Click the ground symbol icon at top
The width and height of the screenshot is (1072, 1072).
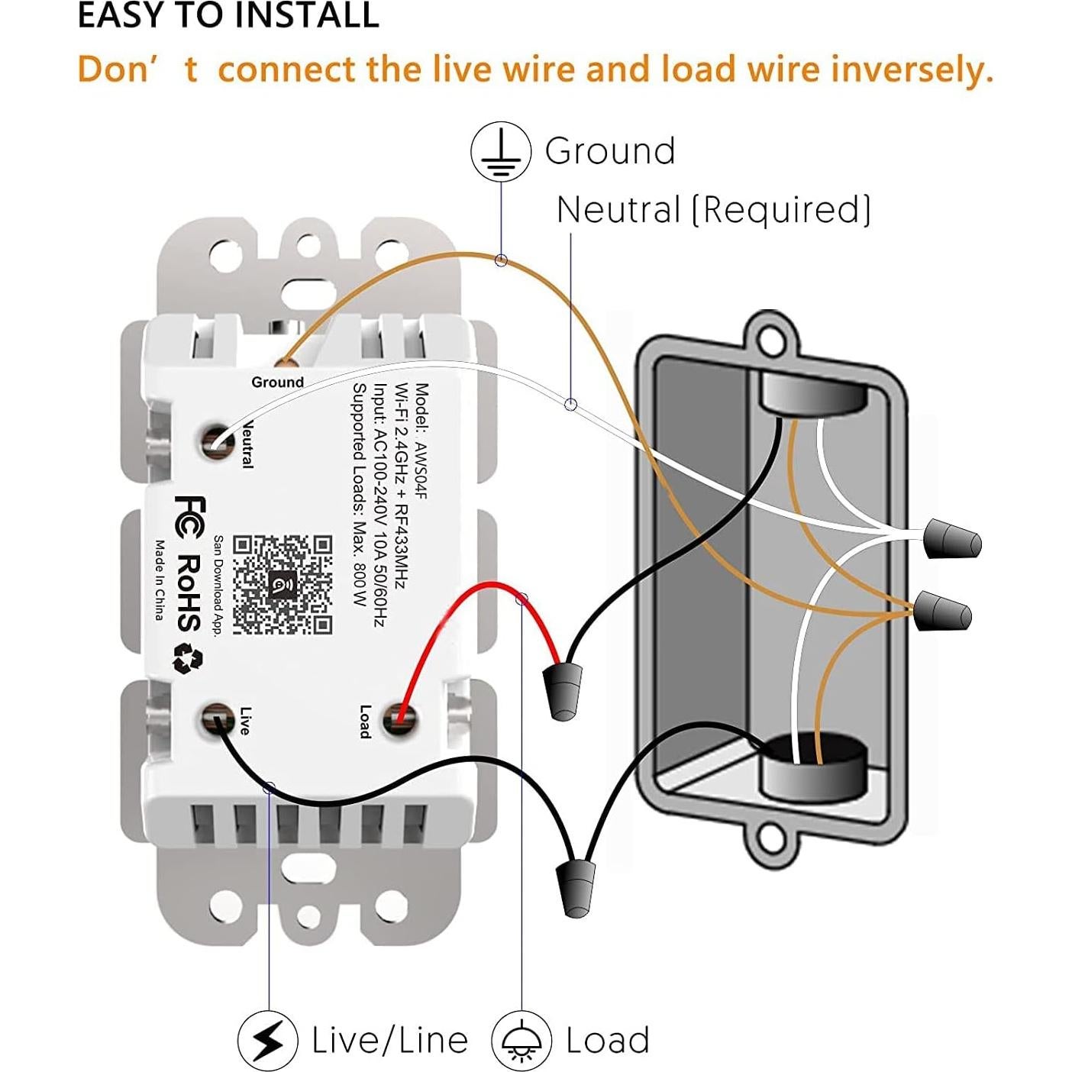tap(500, 151)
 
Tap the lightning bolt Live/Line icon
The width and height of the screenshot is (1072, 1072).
tap(267, 1039)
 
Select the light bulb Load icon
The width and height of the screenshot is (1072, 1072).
tap(521, 1039)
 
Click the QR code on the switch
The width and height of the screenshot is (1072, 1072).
tap(283, 584)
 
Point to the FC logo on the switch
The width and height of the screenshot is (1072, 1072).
tap(190, 513)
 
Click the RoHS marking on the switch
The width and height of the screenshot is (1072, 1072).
tap(189, 593)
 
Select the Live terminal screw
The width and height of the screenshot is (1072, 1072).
tap(216, 720)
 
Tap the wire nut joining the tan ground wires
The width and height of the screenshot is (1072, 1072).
tap(944, 611)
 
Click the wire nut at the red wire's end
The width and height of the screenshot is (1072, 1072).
tap(563, 690)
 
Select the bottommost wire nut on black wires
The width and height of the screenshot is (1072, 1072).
tap(578, 887)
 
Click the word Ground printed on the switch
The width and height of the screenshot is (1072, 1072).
tap(277, 382)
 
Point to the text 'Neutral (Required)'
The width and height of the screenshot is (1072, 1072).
tap(713, 210)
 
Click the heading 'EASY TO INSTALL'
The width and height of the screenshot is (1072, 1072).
tap(228, 15)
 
